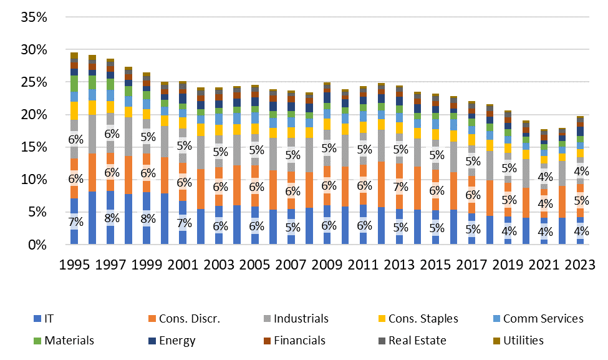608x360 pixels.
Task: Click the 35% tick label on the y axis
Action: [x=35, y=17]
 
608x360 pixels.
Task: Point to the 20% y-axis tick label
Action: [x=35, y=115]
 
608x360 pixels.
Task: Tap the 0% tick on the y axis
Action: [x=39, y=245]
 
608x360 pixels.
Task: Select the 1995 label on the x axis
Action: [x=74, y=264]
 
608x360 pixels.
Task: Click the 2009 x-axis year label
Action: [x=327, y=264]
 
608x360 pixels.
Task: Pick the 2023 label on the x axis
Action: [x=580, y=264]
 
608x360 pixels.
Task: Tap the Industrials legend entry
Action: [x=300, y=319]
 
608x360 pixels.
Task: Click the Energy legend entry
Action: [x=176, y=341]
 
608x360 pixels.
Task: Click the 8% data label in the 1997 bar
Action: [x=110, y=218]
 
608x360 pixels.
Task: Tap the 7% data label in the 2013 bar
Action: [x=400, y=187]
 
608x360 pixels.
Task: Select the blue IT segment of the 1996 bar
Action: [x=92, y=218]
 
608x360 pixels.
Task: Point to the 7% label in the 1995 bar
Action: [x=74, y=221]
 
